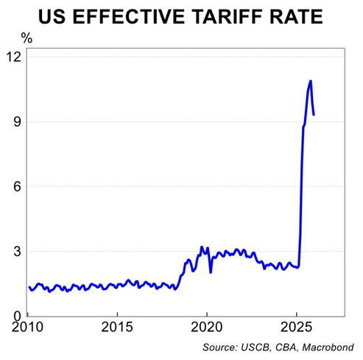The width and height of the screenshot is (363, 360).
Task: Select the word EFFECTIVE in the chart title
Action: pyautogui.click(x=138, y=16)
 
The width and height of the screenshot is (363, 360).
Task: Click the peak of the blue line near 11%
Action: pyautogui.click(x=311, y=81)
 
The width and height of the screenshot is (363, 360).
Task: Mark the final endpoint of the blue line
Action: pyautogui.click(x=314, y=115)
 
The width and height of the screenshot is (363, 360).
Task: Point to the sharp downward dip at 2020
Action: pyautogui.click(x=211, y=272)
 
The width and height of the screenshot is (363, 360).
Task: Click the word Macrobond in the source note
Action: pyautogui.click(x=329, y=347)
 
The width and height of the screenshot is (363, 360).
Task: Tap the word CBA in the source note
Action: pyautogui.click(x=283, y=347)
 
